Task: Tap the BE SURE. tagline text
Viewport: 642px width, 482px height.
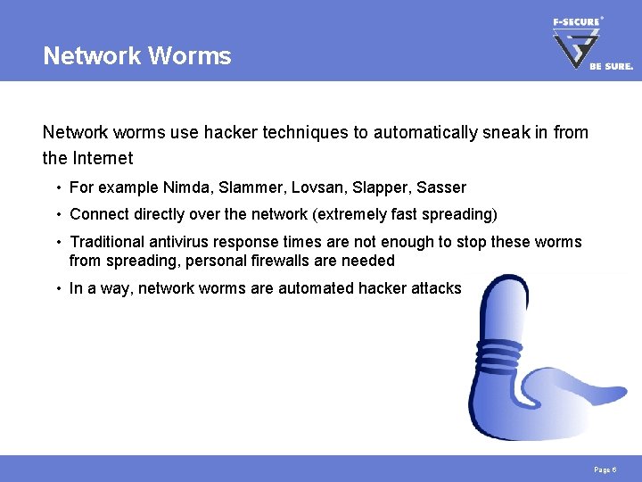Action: point(612,66)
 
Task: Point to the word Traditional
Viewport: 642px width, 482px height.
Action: point(109,242)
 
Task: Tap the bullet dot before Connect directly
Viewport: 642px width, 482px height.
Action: point(56,214)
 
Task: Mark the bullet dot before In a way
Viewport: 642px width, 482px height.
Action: point(56,288)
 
